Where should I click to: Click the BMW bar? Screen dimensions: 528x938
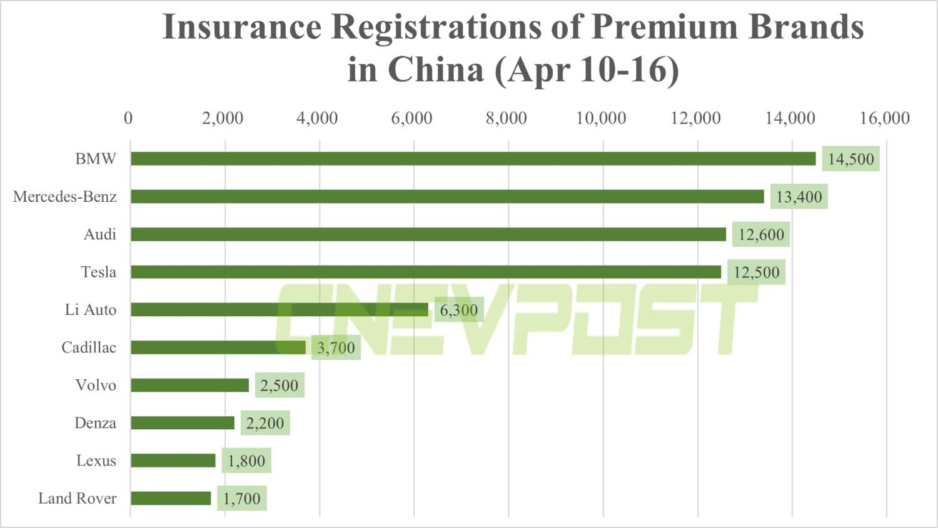tap(473, 159)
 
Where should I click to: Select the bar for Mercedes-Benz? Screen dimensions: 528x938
tap(447, 196)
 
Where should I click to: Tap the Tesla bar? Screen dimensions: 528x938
tap(425, 272)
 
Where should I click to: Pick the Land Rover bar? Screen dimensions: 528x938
tap(171, 498)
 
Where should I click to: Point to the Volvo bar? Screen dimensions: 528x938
tap(189, 385)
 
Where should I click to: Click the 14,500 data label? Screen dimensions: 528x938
tap(850, 159)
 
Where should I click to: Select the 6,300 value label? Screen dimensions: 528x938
tap(458, 309)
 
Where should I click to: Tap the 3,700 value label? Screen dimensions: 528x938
tap(336, 347)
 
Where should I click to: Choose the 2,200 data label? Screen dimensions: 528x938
tap(265, 423)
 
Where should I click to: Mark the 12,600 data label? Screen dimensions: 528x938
tap(761, 234)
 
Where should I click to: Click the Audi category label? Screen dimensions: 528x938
tap(100, 234)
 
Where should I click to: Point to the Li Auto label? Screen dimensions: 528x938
tap(91, 309)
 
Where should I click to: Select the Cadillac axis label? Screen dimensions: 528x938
tap(89, 347)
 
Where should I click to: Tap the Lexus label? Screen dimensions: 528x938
tap(96, 461)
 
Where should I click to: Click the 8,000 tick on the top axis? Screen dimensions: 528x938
tap(506, 117)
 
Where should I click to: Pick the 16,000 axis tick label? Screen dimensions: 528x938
tap(884, 117)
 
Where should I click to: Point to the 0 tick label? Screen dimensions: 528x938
tap(128, 117)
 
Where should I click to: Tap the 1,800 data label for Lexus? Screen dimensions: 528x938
tap(246, 461)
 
